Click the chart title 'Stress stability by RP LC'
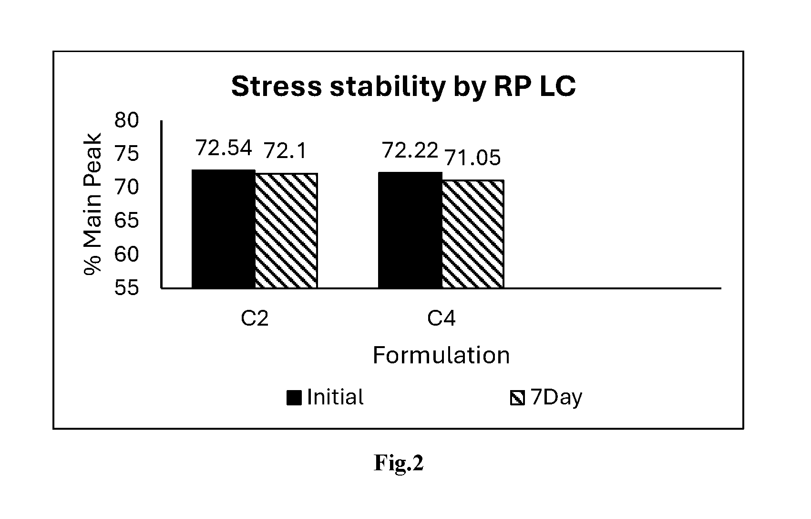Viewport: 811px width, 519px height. (x=403, y=87)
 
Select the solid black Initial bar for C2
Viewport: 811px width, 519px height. (x=224, y=229)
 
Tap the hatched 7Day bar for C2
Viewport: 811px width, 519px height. (x=287, y=231)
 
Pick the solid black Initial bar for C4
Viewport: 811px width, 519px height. (x=410, y=230)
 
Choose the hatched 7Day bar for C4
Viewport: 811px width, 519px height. (x=473, y=234)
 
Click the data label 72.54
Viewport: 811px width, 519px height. (x=224, y=148)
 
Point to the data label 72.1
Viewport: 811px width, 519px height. (x=285, y=151)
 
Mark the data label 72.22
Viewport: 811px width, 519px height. (x=410, y=150)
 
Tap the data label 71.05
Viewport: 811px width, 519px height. (x=472, y=158)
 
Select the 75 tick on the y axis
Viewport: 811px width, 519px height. (x=126, y=154)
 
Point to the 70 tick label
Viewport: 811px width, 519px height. (x=126, y=187)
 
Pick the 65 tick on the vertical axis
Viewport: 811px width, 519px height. (x=126, y=221)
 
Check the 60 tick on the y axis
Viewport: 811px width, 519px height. (x=126, y=254)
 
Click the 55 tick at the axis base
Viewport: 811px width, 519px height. (x=126, y=288)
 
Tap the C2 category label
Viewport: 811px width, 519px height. (x=255, y=318)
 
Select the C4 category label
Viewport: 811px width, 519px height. (x=441, y=318)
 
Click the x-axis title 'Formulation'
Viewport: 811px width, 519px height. (x=441, y=355)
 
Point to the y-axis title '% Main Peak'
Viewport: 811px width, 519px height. (x=92, y=204)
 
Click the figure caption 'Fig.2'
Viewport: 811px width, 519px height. (x=398, y=463)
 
